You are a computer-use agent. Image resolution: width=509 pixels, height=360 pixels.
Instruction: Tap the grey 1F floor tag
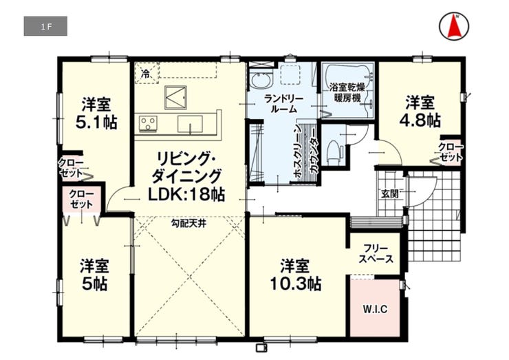pyautogui.click(x=45, y=26)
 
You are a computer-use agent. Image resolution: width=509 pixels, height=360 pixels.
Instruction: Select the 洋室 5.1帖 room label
pyautogui.click(x=96, y=113)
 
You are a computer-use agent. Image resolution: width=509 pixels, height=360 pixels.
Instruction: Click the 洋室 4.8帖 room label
pyautogui.click(x=420, y=111)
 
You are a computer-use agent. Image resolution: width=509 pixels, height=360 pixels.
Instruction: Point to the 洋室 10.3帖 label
pyautogui.click(x=296, y=275)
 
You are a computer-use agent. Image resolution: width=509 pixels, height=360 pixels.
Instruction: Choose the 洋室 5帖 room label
pyautogui.click(x=94, y=275)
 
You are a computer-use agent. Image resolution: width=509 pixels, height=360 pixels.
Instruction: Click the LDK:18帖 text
pyautogui.click(x=186, y=194)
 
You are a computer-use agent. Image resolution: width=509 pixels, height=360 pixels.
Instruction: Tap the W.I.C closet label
pyautogui.click(x=375, y=309)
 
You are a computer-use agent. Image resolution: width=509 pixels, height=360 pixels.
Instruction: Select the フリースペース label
pyautogui.click(x=376, y=254)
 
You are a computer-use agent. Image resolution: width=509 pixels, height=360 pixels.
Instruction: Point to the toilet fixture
pyautogui.click(x=334, y=151)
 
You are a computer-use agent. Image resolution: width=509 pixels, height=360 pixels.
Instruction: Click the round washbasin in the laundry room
pyautogui.click(x=261, y=81)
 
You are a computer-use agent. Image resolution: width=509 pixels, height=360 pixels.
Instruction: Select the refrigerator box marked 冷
pyautogui.click(x=147, y=74)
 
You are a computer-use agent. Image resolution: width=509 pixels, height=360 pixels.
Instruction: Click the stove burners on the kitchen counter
pyautogui.click(x=148, y=124)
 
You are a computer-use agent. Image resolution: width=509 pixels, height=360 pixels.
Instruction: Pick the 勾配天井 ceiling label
pyautogui.click(x=188, y=223)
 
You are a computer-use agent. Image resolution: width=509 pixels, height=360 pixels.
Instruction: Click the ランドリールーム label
pyautogui.click(x=283, y=104)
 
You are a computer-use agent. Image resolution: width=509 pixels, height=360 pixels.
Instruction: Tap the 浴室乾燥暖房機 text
pyautogui.click(x=347, y=92)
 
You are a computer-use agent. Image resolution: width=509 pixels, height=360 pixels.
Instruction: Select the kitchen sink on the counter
pyautogui.click(x=191, y=124)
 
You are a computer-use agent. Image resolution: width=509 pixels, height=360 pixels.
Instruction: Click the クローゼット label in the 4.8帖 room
pyautogui.click(x=451, y=152)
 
